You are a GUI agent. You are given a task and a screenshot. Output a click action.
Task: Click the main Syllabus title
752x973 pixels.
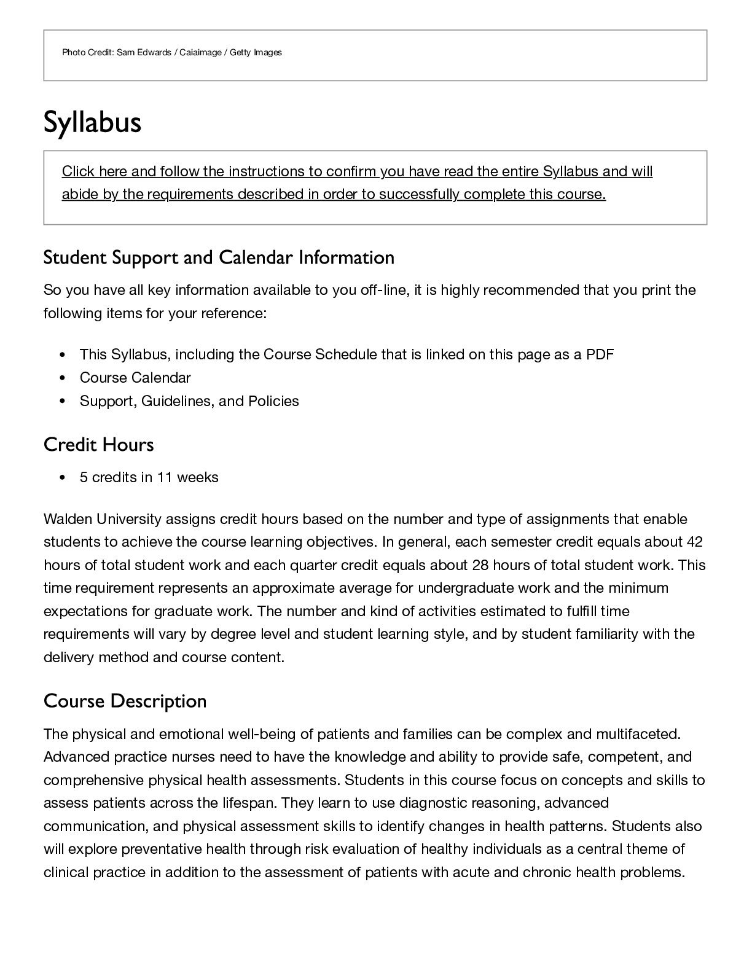(x=92, y=122)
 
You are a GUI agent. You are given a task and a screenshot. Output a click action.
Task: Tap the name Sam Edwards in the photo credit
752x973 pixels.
(x=144, y=53)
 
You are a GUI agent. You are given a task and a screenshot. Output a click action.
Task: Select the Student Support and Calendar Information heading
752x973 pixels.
(x=219, y=257)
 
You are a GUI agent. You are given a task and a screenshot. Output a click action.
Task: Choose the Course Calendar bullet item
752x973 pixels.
(x=135, y=378)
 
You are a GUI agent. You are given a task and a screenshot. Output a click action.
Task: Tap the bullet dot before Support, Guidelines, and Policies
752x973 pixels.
(x=63, y=402)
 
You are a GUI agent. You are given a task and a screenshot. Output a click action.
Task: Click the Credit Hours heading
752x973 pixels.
(x=98, y=445)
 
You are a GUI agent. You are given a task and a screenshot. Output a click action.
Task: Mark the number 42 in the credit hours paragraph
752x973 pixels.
(x=694, y=542)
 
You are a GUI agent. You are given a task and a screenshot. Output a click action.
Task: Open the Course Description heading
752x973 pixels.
(x=125, y=701)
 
